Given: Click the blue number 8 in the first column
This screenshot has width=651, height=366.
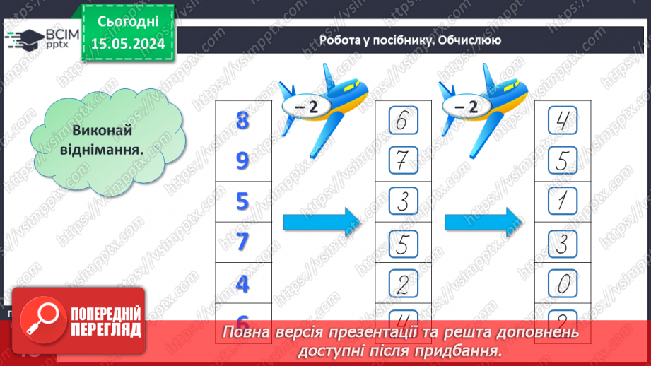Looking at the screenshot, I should (243, 121).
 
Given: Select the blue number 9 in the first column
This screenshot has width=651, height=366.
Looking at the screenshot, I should (243, 161).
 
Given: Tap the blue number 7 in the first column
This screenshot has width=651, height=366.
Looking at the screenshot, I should (243, 242).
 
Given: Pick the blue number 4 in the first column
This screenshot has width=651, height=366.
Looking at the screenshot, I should (243, 283).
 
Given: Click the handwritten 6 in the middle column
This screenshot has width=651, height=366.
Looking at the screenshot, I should (401, 122).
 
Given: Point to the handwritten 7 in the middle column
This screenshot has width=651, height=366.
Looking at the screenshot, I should (401, 162).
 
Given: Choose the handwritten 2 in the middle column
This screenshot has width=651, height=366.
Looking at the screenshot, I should (401, 284).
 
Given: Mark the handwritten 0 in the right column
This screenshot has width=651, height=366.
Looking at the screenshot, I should (563, 284).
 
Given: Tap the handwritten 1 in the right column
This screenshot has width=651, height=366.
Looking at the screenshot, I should (563, 203).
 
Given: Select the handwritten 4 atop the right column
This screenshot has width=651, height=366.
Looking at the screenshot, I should (563, 122).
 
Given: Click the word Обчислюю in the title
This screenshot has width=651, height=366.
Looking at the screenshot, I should (469, 40).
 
